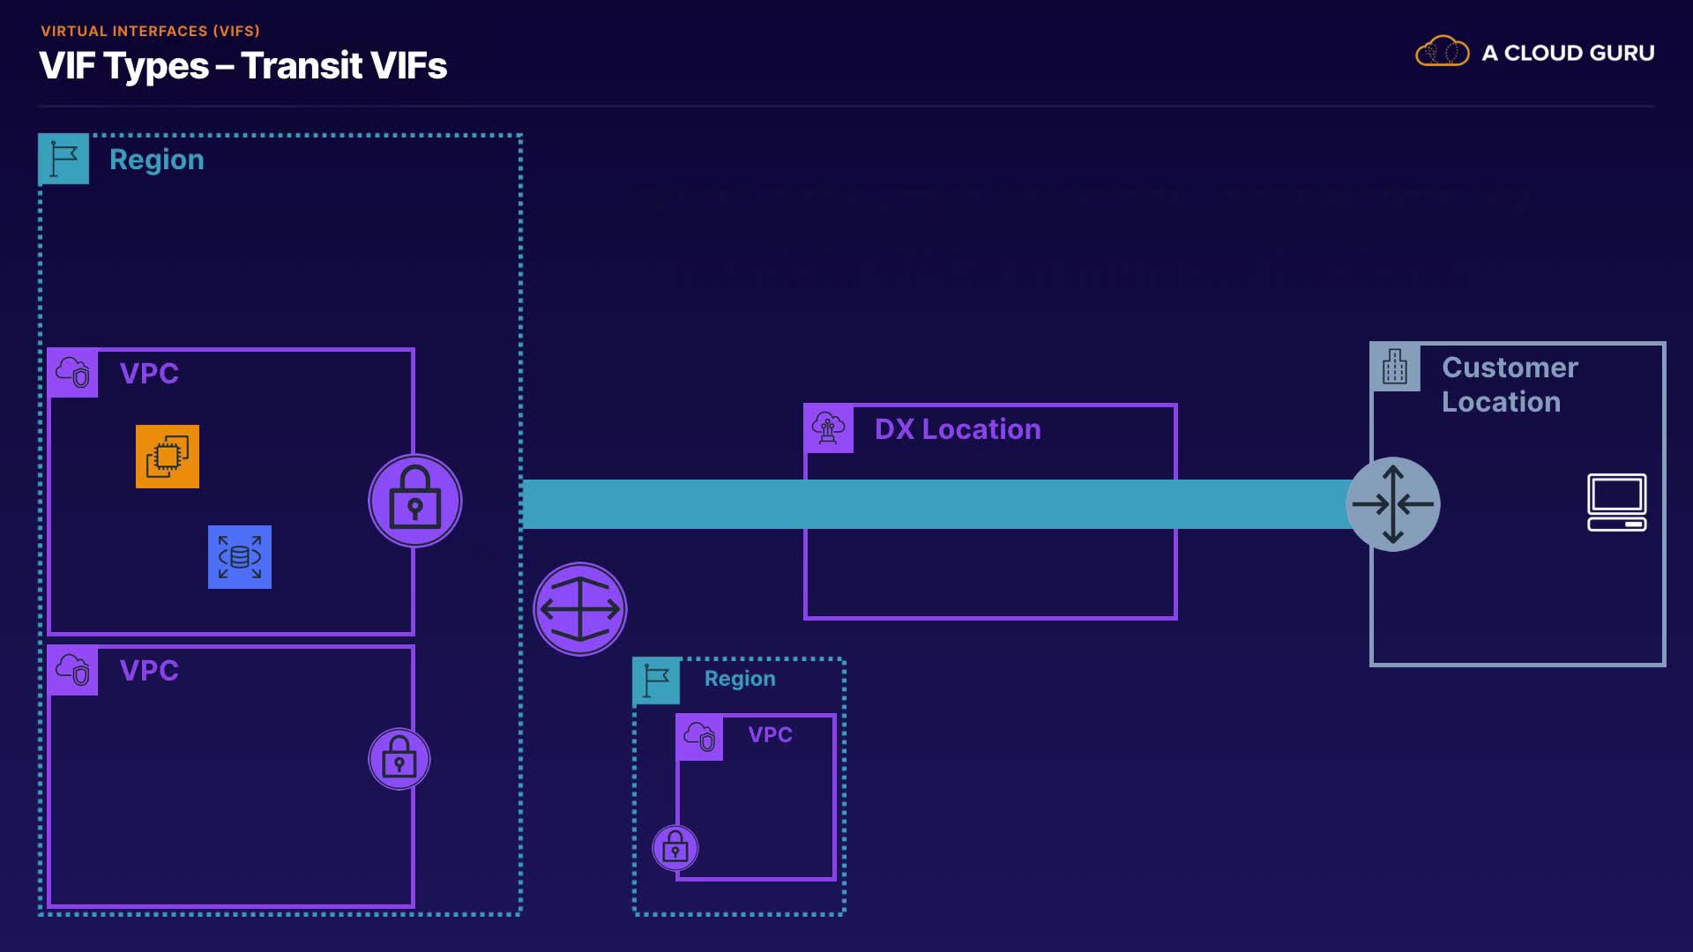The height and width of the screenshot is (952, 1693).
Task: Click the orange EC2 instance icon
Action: (168, 457)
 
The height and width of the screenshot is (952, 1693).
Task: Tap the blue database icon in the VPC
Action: (240, 557)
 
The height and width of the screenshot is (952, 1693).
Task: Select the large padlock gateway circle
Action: (415, 501)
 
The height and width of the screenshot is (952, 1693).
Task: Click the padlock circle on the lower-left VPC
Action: (399, 759)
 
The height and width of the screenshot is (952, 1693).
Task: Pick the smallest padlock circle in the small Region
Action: (675, 848)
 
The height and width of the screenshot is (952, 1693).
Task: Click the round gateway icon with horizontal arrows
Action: (580, 609)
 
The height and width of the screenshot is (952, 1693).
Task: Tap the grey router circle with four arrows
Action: (1393, 504)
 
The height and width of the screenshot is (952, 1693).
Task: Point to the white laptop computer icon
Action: (1617, 502)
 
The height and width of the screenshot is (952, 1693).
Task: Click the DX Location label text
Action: (958, 429)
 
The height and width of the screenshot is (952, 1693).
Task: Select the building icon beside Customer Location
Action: (1395, 367)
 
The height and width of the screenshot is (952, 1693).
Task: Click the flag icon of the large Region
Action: (63, 159)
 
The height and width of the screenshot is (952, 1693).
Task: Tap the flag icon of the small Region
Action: (656, 681)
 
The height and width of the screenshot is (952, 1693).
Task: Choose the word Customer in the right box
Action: (1510, 368)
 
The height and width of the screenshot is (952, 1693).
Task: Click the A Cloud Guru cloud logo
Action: (1442, 52)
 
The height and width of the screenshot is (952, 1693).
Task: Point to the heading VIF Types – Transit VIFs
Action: (243, 66)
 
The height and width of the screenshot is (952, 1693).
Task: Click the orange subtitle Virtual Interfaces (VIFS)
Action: (150, 31)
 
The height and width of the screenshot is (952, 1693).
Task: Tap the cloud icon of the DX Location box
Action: (828, 428)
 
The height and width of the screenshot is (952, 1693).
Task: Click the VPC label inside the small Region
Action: (770, 734)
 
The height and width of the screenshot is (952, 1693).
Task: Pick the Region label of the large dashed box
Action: (157, 160)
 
